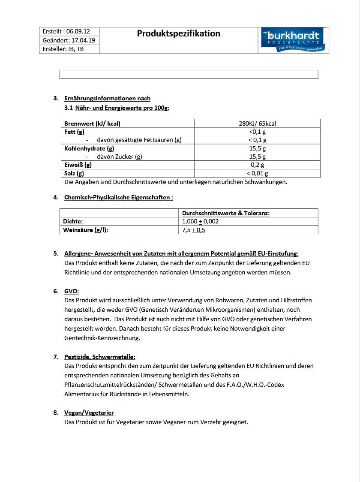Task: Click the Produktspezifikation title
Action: [x=178, y=33]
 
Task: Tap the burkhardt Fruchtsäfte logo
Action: [x=294, y=40]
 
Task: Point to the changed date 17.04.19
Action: [x=83, y=40]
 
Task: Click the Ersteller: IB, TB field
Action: [x=63, y=49]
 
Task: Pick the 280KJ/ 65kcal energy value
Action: [x=257, y=124]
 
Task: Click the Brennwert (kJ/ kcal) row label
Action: [x=92, y=124]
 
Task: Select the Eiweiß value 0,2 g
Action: [x=257, y=165]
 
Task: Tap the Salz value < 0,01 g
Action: [x=257, y=173]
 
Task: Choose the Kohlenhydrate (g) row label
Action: [x=89, y=148]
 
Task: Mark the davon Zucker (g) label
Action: [x=119, y=157]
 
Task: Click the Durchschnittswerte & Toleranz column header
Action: [x=226, y=213]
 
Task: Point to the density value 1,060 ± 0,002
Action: [x=201, y=221]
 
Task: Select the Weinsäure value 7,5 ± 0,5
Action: [x=194, y=230]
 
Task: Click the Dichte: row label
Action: [x=73, y=221]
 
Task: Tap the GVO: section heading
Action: [x=72, y=291]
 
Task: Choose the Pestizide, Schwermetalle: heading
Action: [x=100, y=357]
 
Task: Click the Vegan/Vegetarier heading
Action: [x=89, y=413]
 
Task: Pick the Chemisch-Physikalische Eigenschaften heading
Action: [x=118, y=197]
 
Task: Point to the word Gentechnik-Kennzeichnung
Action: [x=102, y=338]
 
